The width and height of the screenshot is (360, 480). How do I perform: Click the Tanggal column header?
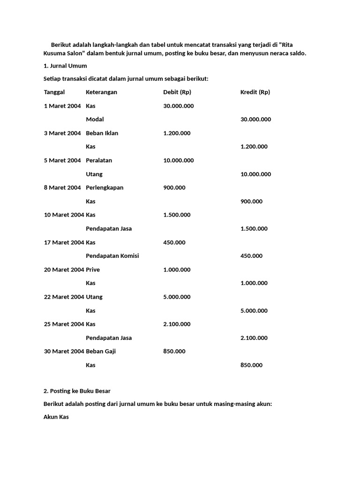pyautogui.click(x=54, y=92)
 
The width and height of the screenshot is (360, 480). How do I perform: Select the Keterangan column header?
pyautogui.click(x=101, y=92)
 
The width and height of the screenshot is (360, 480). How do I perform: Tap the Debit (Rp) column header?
pyautogui.click(x=177, y=92)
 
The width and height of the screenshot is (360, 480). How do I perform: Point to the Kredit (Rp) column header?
pyautogui.click(x=255, y=92)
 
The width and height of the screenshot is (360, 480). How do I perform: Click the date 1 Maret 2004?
pyautogui.click(x=63, y=106)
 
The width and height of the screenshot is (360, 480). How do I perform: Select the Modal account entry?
pyautogui.click(x=95, y=120)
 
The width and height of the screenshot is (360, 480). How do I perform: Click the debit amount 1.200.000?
pyautogui.click(x=177, y=133)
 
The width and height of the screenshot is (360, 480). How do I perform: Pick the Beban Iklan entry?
pyautogui.click(x=102, y=133)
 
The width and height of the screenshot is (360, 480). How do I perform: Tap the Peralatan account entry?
pyautogui.click(x=99, y=160)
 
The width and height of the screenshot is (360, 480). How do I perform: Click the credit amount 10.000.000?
pyautogui.click(x=255, y=174)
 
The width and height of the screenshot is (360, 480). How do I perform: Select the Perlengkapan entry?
pyautogui.click(x=105, y=187)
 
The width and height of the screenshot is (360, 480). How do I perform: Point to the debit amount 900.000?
pyautogui.click(x=174, y=187)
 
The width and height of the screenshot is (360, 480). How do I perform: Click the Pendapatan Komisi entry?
pyautogui.click(x=112, y=256)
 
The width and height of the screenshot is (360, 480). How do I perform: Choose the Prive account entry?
pyautogui.click(x=93, y=270)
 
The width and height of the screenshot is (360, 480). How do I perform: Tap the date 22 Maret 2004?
pyautogui.click(x=64, y=297)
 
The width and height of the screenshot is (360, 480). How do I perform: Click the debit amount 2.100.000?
pyautogui.click(x=177, y=324)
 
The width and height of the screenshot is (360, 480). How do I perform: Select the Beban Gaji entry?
pyautogui.click(x=100, y=351)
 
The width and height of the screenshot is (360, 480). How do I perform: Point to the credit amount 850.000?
pyautogui.click(x=251, y=365)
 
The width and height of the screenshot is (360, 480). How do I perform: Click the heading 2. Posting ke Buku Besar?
pyautogui.click(x=77, y=391)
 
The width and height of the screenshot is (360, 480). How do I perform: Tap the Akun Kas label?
pyautogui.click(x=56, y=416)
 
